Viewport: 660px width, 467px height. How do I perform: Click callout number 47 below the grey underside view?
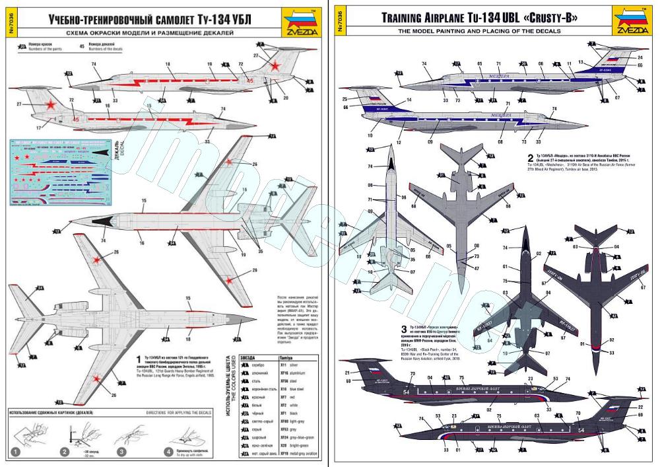(476, 268)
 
